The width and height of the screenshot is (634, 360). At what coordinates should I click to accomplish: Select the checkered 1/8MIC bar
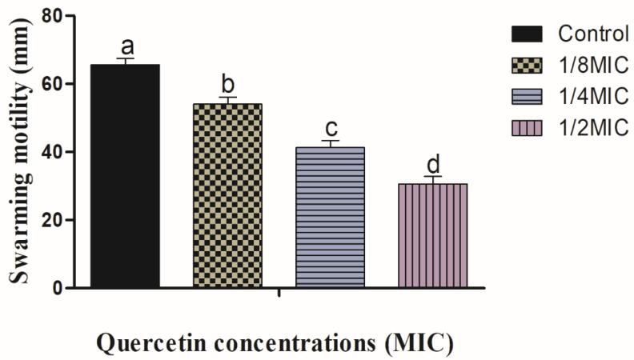point(227,196)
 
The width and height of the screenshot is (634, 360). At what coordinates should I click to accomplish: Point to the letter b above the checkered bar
point(227,84)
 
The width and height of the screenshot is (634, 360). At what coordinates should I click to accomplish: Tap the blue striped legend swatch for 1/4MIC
point(528,96)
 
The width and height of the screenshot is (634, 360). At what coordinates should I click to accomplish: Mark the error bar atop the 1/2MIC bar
point(432,179)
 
